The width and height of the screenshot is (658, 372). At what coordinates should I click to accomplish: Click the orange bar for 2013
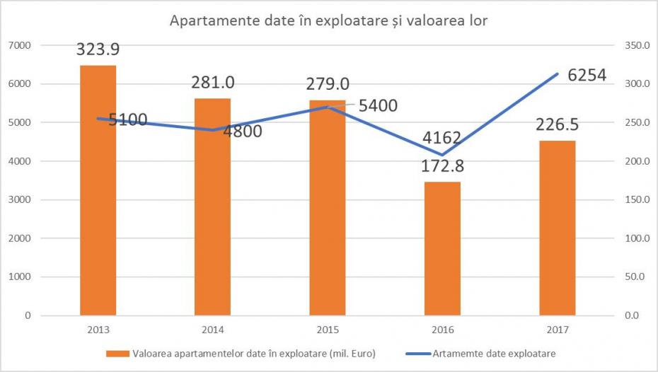pos(98,190)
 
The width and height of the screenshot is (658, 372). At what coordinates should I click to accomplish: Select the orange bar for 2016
pos(442,248)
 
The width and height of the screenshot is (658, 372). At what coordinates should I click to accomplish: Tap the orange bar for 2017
pos(557,228)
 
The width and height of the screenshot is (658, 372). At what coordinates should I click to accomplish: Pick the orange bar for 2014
pos(212,207)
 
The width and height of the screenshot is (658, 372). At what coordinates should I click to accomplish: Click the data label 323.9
pos(98,50)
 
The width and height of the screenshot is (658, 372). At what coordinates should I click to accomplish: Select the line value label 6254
pos(587,74)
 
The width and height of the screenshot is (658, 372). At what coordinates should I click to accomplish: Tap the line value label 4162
pos(444,136)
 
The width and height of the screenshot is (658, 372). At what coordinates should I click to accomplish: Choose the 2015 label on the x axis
pos(327,330)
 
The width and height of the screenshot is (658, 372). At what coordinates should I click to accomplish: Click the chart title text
pos(329,20)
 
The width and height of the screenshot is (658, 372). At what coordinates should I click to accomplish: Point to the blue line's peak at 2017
pos(558,74)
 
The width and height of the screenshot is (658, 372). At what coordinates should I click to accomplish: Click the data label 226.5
pos(557,125)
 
